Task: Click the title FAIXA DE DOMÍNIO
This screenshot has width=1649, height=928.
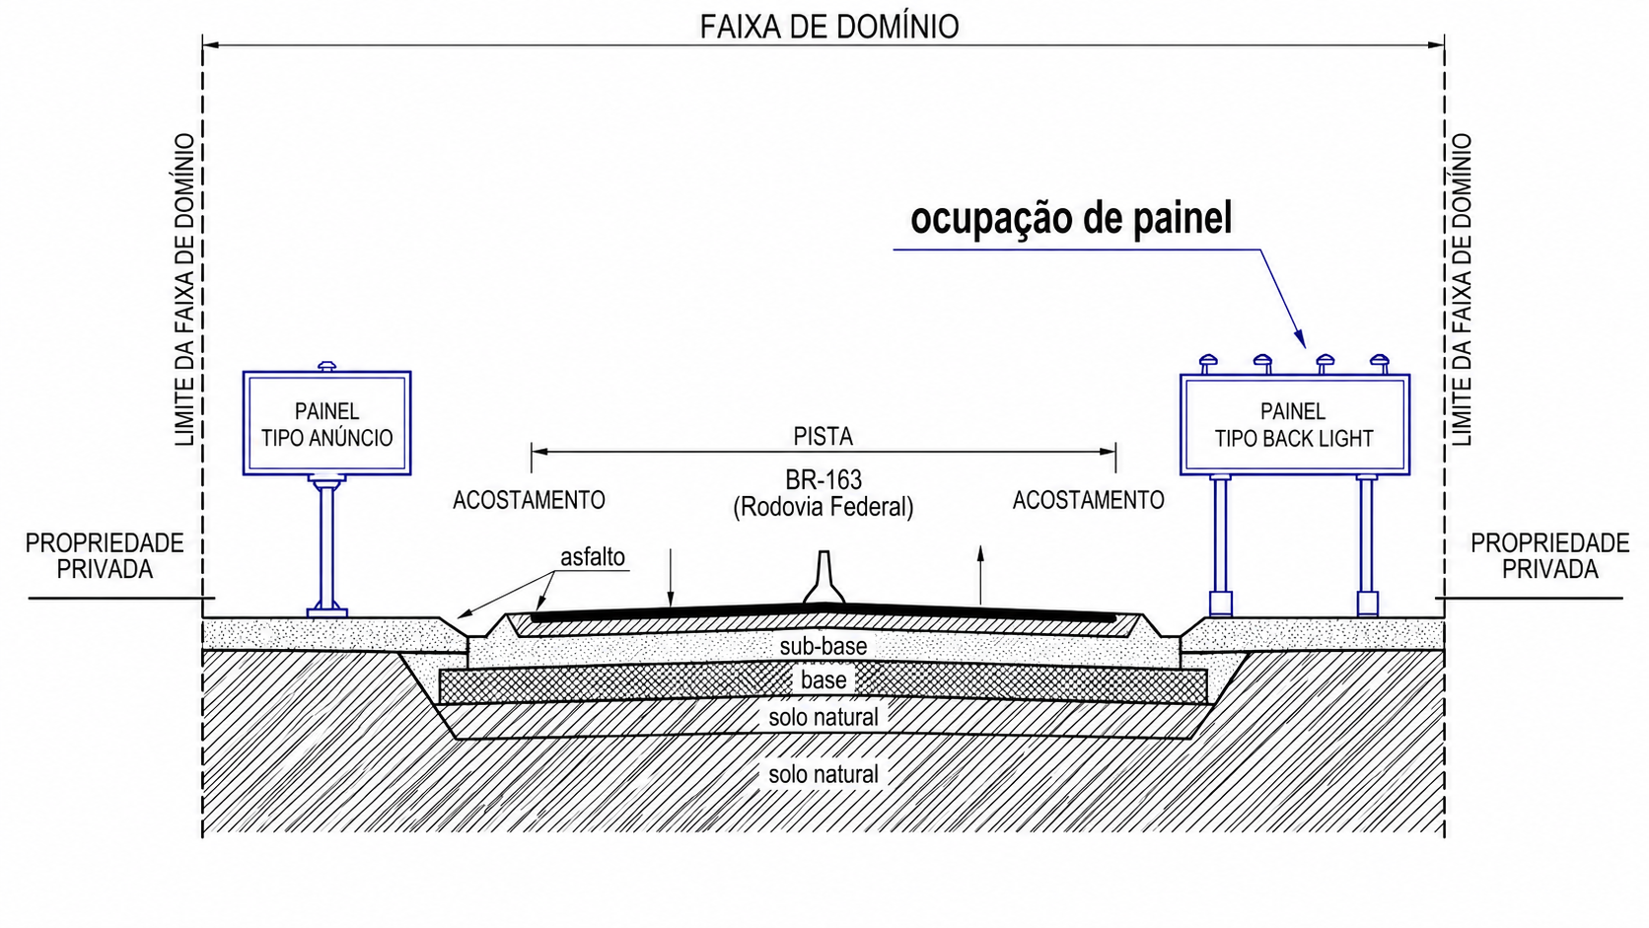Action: coord(828,28)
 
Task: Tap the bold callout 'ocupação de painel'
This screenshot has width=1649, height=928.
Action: coord(1071,219)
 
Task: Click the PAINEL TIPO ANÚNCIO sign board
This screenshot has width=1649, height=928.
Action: coord(326,423)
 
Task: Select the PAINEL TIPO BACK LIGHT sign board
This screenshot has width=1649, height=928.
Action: coord(1295,425)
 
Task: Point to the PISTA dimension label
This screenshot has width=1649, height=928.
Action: coord(824,437)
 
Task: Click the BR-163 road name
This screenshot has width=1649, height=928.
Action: coord(824,480)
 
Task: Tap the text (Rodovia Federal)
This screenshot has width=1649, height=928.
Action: coord(824,507)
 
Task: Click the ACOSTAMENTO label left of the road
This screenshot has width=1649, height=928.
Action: coord(529,500)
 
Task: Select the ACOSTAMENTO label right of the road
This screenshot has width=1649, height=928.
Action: coord(1088,500)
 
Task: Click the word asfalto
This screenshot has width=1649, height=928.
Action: coord(593,557)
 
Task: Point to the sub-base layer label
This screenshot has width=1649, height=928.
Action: coord(824,646)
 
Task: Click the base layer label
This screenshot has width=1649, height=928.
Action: coord(824,680)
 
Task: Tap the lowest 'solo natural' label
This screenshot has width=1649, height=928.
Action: coord(824,774)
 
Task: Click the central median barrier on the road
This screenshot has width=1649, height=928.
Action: coord(824,578)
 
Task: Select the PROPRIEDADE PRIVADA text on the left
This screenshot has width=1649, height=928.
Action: coord(105,555)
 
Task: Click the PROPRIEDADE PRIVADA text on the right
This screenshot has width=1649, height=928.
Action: coord(1549,555)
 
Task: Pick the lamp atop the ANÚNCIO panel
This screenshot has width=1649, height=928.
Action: coord(326,366)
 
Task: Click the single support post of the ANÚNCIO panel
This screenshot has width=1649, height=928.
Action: coord(326,544)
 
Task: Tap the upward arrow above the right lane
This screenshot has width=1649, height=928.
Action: coord(980,575)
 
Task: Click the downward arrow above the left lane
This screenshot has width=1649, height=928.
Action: coord(670,579)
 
